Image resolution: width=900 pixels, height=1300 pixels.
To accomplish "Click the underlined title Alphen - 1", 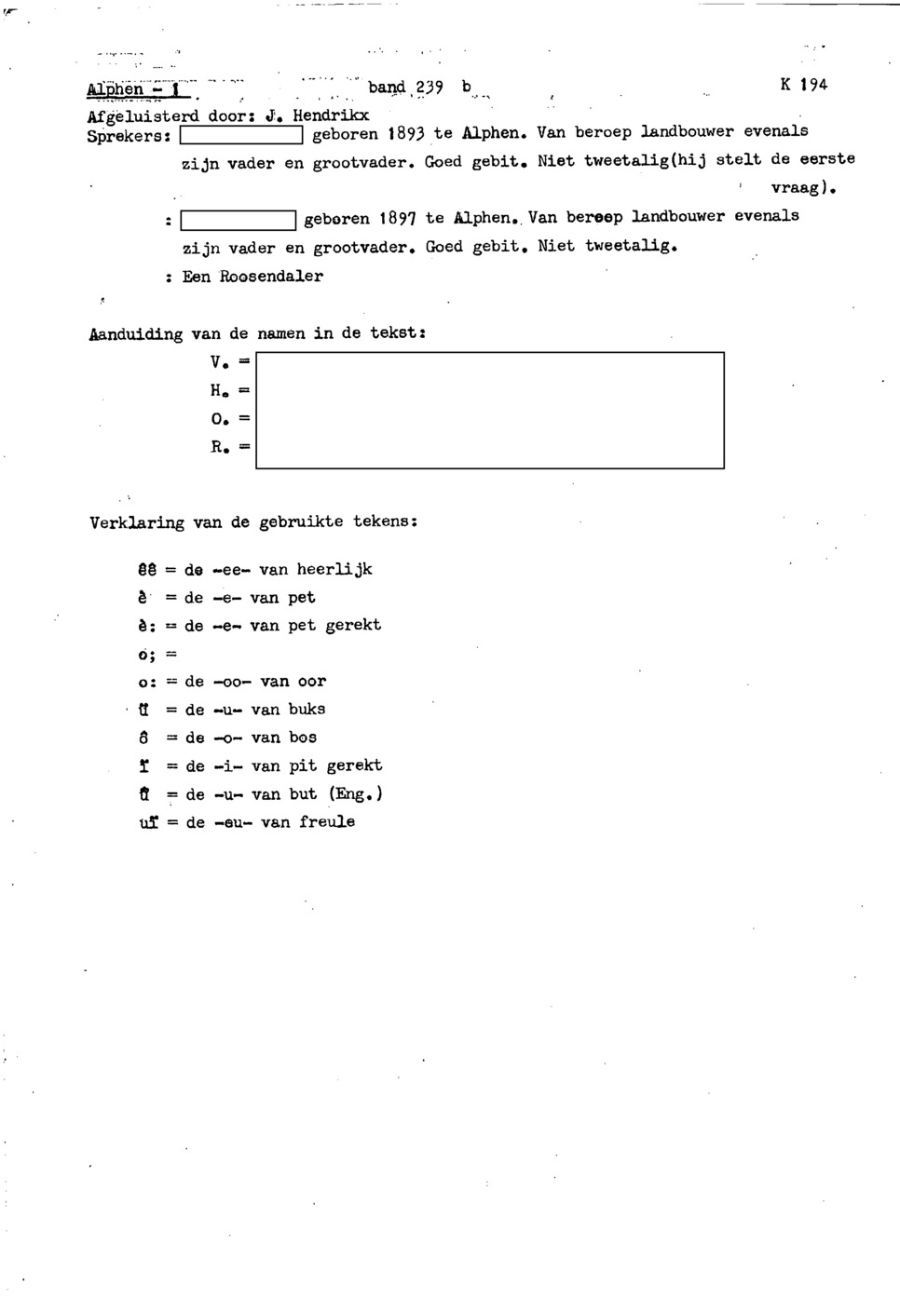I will (138, 89).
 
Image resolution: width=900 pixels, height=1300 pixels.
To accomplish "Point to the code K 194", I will (803, 85).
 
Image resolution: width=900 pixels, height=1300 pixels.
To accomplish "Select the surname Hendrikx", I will (331, 116).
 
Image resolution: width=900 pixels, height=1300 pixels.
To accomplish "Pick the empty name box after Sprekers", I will (241, 137).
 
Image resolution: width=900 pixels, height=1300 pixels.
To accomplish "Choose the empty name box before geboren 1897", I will (239, 222).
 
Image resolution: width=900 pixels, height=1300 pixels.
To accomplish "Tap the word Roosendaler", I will (271, 277).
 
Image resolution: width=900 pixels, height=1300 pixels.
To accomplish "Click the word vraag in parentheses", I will (800, 187).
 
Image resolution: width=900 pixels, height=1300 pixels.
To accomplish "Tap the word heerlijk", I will (334, 569).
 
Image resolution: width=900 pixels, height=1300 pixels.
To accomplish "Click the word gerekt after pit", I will (354, 765).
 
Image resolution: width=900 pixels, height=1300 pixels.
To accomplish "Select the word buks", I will (307, 709).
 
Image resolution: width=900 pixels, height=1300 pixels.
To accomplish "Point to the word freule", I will (327, 822).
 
